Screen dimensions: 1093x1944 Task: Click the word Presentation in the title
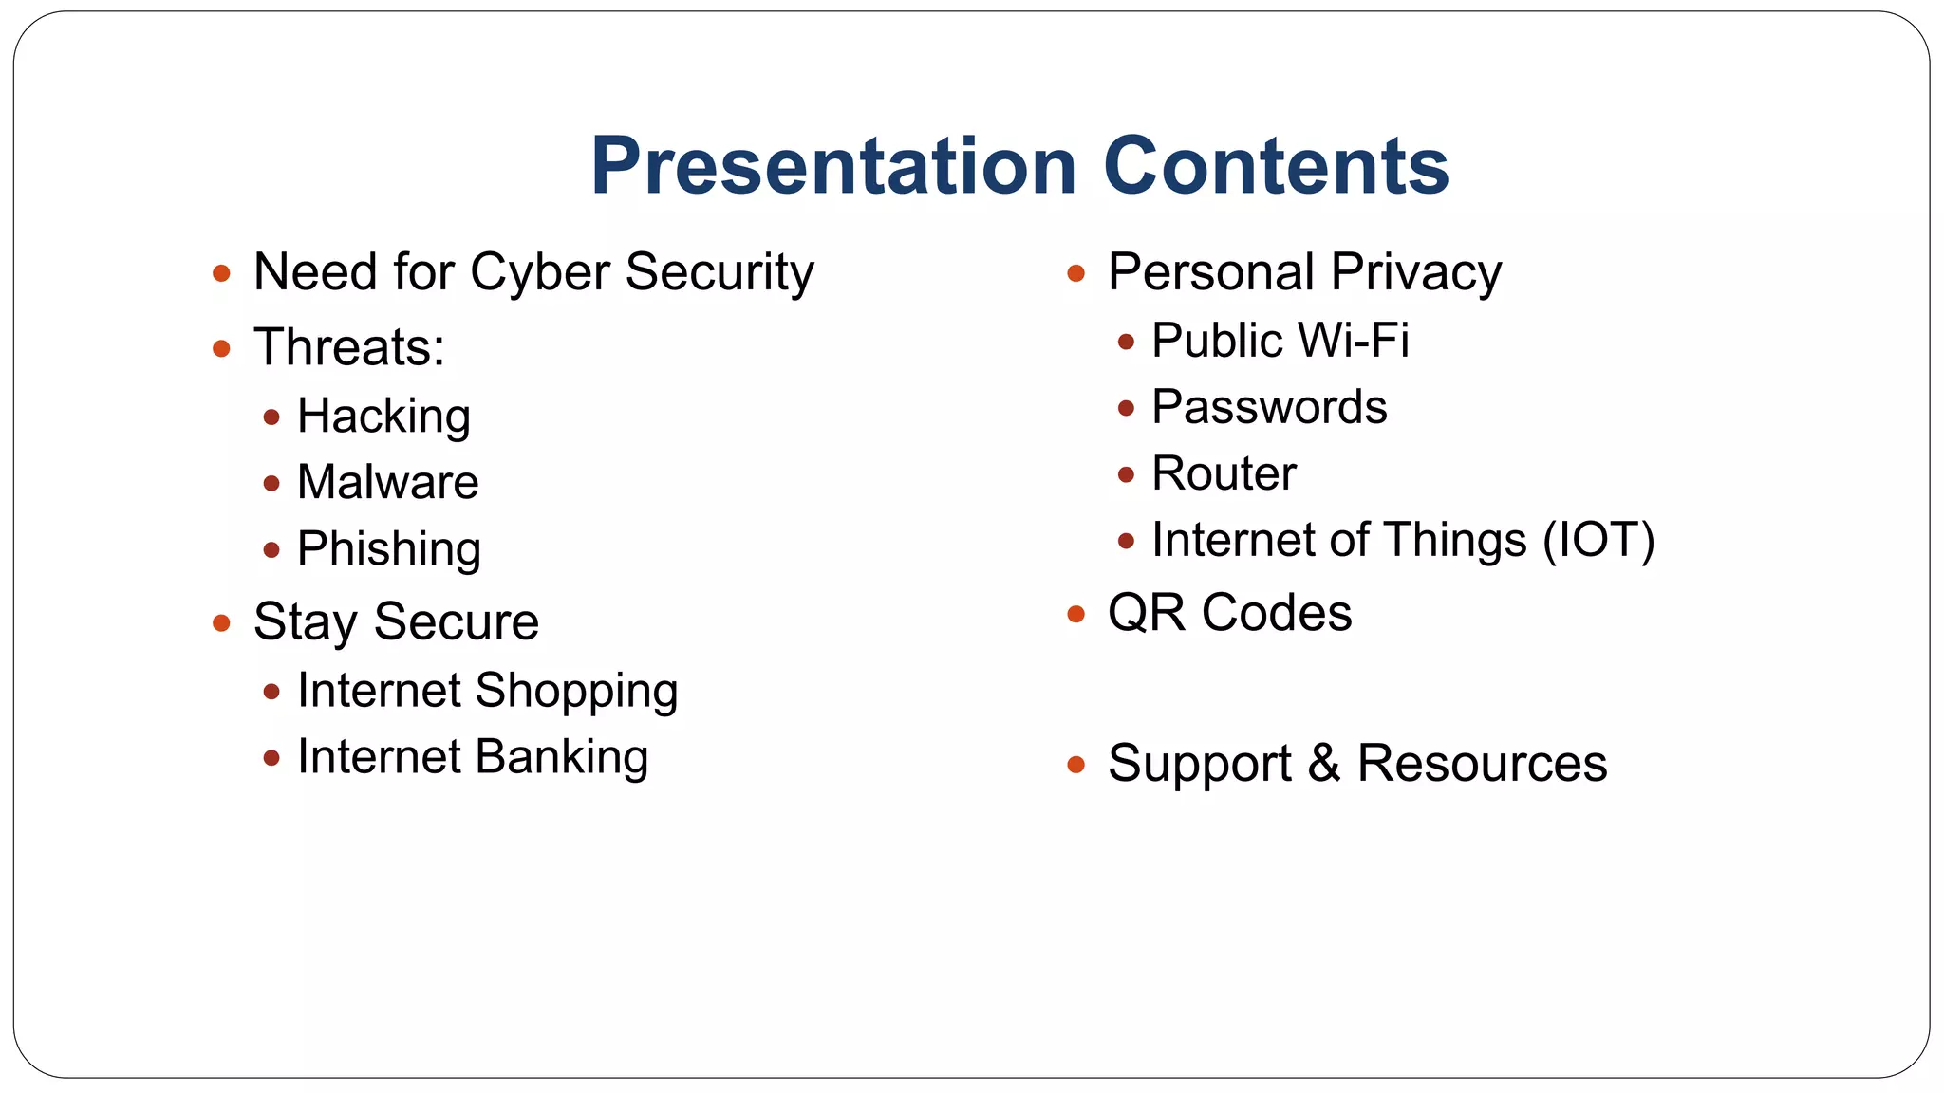tap(832, 166)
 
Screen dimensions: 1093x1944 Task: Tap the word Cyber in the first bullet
tap(539, 272)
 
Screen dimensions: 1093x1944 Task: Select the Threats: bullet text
tap(349, 346)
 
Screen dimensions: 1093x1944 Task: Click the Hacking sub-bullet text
tap(383, 416)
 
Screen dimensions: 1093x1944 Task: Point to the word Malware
tap(387, 482)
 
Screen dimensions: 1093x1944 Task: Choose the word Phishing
tap(389, 548)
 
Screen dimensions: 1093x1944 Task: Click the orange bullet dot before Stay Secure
tap(221, 623)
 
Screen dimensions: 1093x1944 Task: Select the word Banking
tap(561, 757)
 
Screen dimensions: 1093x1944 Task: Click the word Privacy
tap(1415, 272)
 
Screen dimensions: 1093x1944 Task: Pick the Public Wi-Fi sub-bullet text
tap(1280, 340)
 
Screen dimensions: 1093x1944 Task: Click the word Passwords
tap(1269, 407)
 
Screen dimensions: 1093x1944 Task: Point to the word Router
tap(1224, 473)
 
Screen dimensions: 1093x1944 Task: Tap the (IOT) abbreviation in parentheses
tap(1598, 540)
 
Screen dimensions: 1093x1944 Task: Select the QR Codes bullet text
tap(1229, 613)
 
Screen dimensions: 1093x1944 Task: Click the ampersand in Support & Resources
tap(1324, 763)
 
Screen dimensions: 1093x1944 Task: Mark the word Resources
tap(1482, 763)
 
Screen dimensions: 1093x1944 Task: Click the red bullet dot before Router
tap(1126, 474)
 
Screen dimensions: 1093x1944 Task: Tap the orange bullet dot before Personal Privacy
tap(1075, 274)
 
